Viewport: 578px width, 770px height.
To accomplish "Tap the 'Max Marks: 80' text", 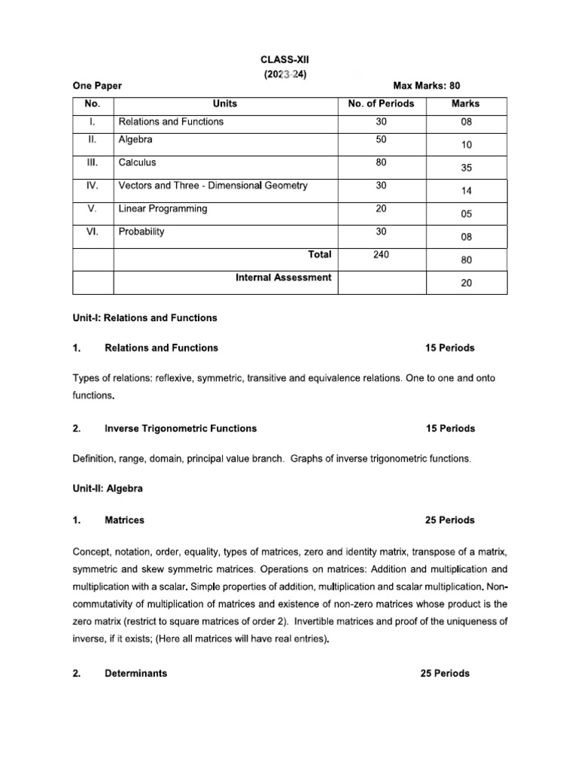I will (x=426, y=86).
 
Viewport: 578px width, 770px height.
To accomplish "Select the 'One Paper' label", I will (x=97, y=86).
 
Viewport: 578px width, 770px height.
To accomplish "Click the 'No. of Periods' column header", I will (x=381, y=104).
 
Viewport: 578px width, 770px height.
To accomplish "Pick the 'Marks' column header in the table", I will (x=465, y=104).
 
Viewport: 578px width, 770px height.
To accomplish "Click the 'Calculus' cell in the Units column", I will (x=138, y=162).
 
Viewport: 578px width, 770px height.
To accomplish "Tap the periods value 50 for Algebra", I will (x=379, y=140).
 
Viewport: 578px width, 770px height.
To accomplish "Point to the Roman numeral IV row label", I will (x=92, y=186).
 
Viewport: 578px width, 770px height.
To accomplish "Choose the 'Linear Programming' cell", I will (x=163, y=208).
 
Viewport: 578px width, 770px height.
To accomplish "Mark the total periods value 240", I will (x=379, y=256).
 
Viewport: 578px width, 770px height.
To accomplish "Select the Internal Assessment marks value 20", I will (x=467, y=283).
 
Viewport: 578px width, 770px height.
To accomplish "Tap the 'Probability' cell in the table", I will (x=141, y=232).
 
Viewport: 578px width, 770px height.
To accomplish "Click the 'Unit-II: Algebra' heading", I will (x=108, y=489).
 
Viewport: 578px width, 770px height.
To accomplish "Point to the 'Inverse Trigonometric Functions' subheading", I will (x=181, y=429).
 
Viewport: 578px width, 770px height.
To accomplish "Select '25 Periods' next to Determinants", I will (x=445, y=674).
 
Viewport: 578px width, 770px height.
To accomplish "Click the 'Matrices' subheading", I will (x=125, y=520).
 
